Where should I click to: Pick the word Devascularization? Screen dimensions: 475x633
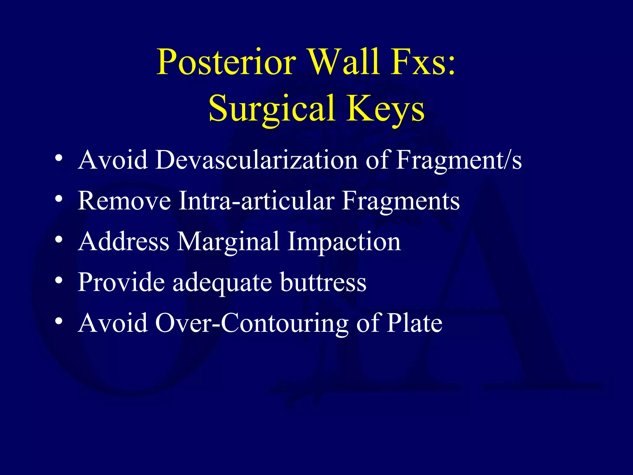coord(256,160)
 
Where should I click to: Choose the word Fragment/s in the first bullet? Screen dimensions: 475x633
coord(459,160)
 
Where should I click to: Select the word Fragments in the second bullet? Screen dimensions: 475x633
coord(401,201)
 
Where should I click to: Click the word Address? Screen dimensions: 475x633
coord(124,242)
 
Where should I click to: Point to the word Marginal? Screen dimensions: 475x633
coord(228,242)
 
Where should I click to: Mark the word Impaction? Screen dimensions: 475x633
coord(344,242)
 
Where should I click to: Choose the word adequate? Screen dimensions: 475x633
coord(222,282)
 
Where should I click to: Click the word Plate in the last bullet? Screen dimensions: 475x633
coord(414,323)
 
